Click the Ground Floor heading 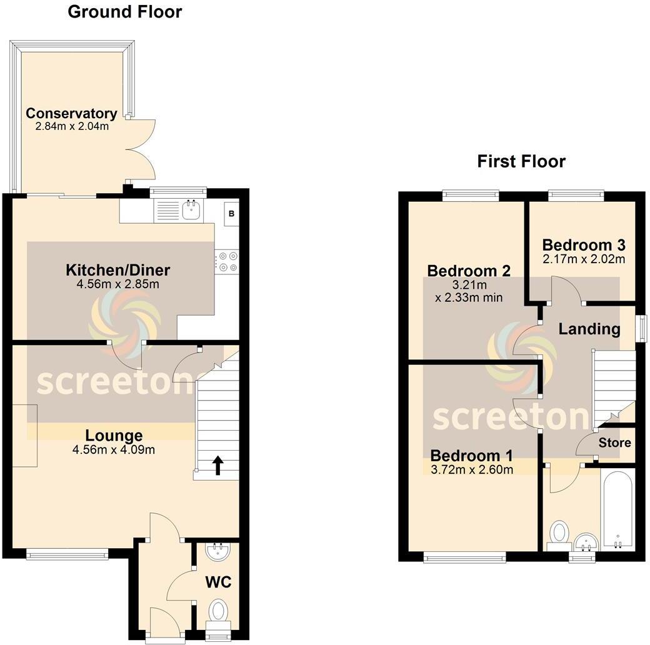click(124, 12)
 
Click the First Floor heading click(521, 161)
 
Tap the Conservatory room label click(71, 114)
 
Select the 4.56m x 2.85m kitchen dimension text click(118, 284)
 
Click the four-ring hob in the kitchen click(226, 262)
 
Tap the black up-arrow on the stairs click(218, 465)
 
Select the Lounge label click(114, 436)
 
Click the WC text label click(218, 582)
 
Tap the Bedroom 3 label click(584, 244)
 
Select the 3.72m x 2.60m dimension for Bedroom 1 click(472, 469)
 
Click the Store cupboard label click(615, 443)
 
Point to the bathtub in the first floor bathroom click(617, 509)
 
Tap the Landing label click(589, 329)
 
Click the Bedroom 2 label click(469, 271)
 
